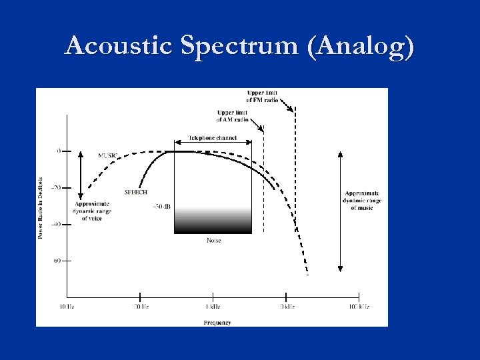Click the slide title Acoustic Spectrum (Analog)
click(x=239, y=46)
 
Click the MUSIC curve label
click(x=108, y=155)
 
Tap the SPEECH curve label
click(x=136, y=192)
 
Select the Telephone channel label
click(x=213, y=138)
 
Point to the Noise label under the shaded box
click(x=213, y=240)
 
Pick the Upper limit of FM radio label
click(x=263, y=96)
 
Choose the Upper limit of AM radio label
click(x=232, y=116)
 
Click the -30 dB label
click(x=161, y=207)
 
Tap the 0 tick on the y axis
click(x=59, y=151)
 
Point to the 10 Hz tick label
click(x=66, y=307)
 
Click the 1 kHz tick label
click(x=213, y=307)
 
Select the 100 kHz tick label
click(x=359, y=307)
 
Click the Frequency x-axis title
click(x=217, y=323)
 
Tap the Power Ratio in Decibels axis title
click(x=41, y=207)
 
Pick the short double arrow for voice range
click(x=81, y=173)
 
